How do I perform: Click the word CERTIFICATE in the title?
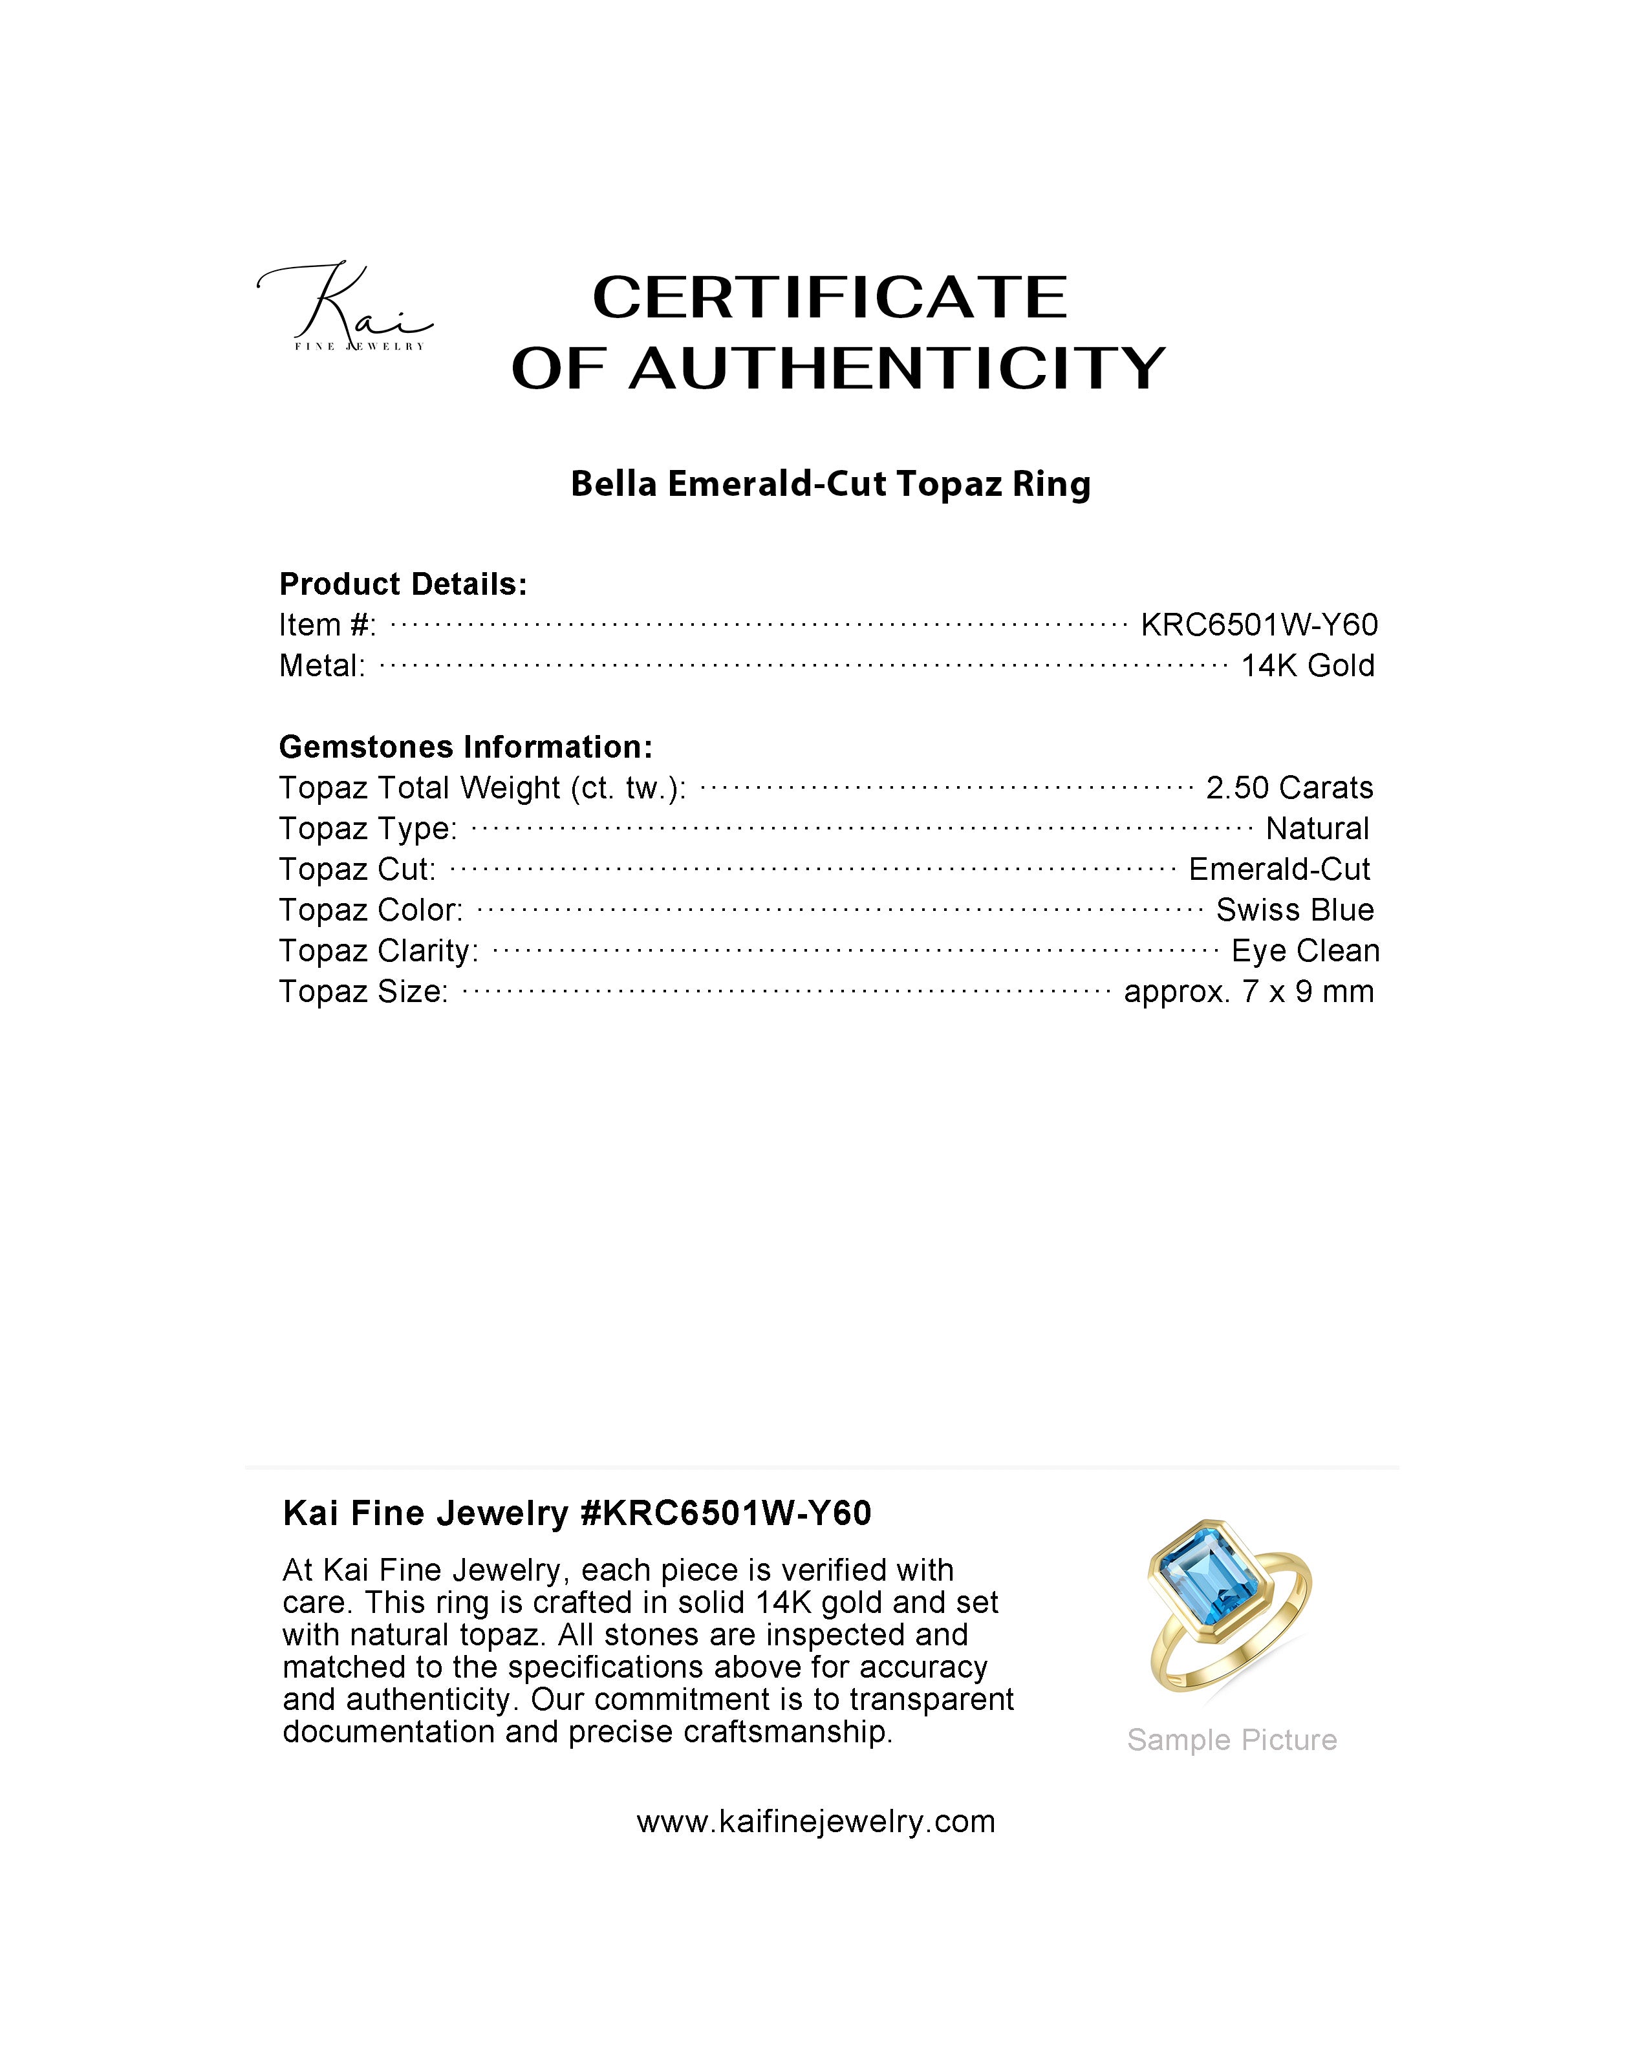tap(830, 297)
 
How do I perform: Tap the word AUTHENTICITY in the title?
tap(897, 369)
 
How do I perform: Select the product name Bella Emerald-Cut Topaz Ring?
tap(830, 485)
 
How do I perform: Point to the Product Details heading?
tap(402, 584)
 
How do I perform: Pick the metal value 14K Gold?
tap(1307, 667)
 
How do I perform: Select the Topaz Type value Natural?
tap(1317, 829)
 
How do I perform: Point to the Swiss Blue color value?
tap(1295, 910)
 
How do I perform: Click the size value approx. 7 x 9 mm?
tap(1249, 992)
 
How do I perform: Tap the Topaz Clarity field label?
tap(378, 951)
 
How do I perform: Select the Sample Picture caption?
tap(1231, 1740)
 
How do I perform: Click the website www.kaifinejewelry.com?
tap(815, 1821)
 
